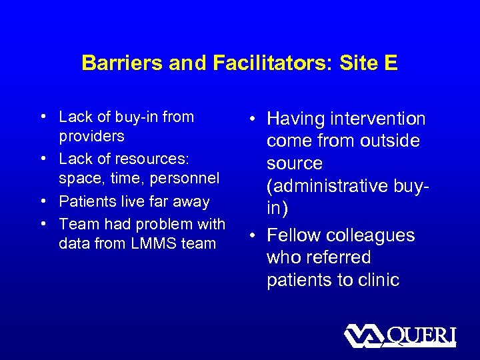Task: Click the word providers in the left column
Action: (91, 136)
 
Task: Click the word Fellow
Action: (291, 235)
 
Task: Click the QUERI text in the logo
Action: (421, 335)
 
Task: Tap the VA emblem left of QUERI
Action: (364, 335)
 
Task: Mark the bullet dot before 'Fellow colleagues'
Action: (257, 235)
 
